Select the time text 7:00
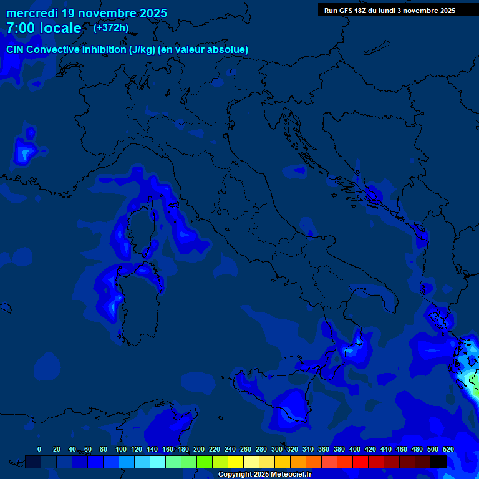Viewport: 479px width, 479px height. [x=20, y=28]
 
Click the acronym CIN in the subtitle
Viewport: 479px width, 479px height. [x=16, y=50]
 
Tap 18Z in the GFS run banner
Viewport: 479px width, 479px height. [x=362, y=11]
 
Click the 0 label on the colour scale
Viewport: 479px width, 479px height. [x=39, y=449]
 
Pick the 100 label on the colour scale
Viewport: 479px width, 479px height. [x=121, y=449]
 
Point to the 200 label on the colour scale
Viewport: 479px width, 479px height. [x=199, y=449]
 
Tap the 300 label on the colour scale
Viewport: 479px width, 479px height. [x=277, y=449]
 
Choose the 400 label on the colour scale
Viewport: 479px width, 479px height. [x=355, y=449]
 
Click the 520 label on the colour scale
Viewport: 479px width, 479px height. [x=448, y=449]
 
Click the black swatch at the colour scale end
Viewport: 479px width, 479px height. [x=438, y=462]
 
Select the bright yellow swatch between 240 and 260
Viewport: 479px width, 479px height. [x=236, y=462]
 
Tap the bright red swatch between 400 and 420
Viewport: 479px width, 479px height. [x=360, y=462]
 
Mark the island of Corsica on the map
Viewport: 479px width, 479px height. [x=138, y=234]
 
